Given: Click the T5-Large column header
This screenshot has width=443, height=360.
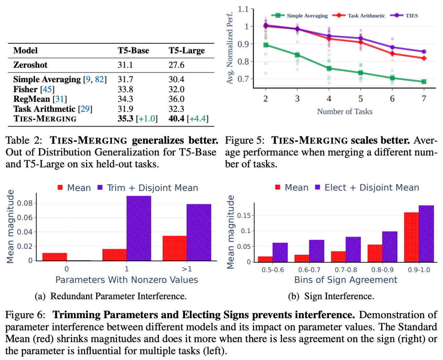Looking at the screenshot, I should point(187,51).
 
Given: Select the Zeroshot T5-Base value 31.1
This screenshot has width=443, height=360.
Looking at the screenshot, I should point(125,65).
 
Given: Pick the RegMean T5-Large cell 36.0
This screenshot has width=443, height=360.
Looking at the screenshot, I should point(176,99).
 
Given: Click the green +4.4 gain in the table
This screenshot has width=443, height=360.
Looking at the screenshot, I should point(198,119).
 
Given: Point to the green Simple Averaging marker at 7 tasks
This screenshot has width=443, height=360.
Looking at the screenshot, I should point(424,82).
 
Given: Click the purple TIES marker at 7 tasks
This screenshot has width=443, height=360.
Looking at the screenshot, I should point(424,52).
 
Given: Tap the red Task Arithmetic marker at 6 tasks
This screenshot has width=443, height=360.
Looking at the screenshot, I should point(392,54).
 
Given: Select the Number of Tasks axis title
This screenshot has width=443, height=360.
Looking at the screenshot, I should point(345,111).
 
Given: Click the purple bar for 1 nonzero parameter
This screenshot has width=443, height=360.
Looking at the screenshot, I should point(139,228).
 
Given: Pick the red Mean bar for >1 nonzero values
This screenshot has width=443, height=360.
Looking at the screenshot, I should point(175,248).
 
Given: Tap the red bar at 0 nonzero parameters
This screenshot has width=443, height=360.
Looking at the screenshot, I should point(55,257).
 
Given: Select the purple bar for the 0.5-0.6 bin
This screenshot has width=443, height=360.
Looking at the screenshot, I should point(280,252).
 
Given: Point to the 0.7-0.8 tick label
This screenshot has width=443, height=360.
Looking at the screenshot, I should point(346,270).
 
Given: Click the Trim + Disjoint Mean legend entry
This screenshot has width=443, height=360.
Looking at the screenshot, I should point(148,188).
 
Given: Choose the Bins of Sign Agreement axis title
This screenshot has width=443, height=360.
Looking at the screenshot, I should point(346,280).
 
